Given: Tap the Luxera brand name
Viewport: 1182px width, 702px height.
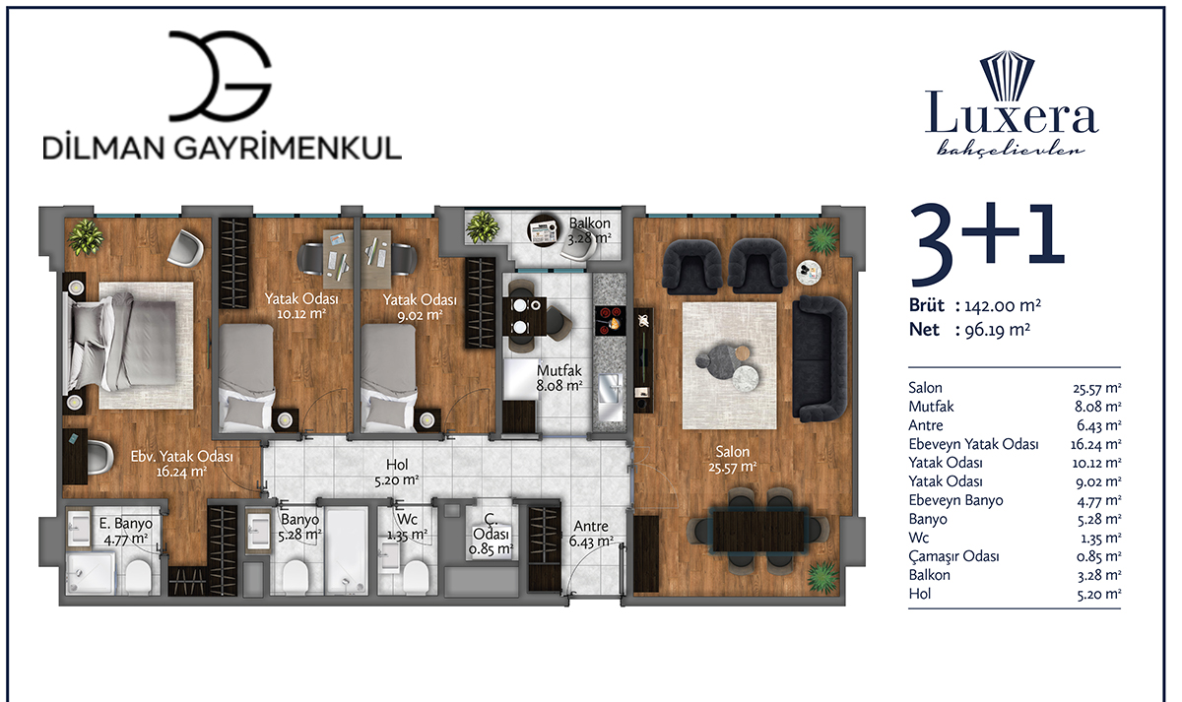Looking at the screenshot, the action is point(1012,112).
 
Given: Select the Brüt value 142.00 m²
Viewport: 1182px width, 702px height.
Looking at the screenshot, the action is point(1003,306).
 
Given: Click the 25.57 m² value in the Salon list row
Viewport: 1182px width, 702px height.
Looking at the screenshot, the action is point(1097,388).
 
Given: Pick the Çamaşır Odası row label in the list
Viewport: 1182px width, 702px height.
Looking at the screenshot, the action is point(953,556).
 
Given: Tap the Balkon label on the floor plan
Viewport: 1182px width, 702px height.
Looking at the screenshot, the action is point(589,223).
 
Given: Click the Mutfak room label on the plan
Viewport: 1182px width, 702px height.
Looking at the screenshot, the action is point(559,370).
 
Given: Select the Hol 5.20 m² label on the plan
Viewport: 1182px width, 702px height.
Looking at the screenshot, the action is point(397,472).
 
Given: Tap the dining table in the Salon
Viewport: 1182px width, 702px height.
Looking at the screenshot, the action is point(758,530).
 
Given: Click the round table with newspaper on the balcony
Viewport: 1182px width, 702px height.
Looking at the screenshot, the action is point(545,230).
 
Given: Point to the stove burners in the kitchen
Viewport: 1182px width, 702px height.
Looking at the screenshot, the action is point(611,321).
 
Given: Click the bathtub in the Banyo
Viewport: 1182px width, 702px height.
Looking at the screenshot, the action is point(347,551).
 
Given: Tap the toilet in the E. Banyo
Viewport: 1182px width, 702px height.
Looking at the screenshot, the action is point(138,577).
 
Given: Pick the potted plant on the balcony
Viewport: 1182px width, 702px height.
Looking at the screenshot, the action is point(483,227).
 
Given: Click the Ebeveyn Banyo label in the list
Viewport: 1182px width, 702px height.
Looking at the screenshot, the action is point(955,500).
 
